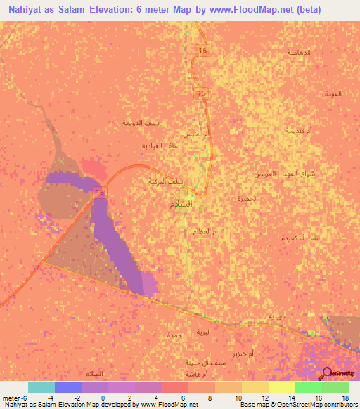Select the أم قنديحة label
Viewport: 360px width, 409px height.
point(289,131)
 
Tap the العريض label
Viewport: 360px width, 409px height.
point(265,173)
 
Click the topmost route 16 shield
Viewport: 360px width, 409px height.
point(202,51)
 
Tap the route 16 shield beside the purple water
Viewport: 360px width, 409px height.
point(101,193)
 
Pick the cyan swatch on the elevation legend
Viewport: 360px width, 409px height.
point(41,387)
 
